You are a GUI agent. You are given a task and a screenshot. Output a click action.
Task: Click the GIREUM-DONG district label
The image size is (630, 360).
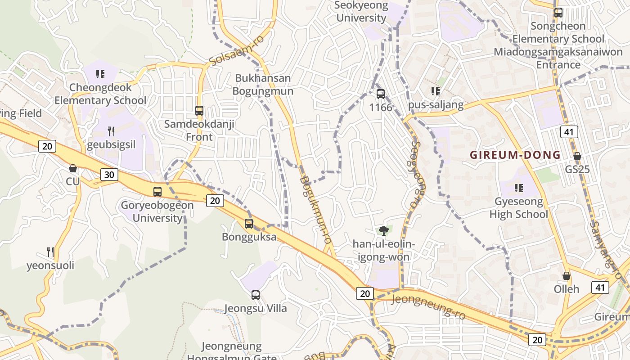[515, 155]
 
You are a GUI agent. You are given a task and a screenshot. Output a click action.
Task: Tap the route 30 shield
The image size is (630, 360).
[109, 175]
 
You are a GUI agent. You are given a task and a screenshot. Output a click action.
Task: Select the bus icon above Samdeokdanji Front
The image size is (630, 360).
[199, 110]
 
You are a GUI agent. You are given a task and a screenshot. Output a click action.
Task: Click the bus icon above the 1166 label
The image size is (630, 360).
[381, 94]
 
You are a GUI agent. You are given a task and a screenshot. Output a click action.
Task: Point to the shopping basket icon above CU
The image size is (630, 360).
[73, 168]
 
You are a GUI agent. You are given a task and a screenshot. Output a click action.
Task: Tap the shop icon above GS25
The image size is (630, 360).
[577, 156]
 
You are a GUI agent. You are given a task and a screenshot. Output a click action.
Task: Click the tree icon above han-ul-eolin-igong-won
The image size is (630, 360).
[383, 231]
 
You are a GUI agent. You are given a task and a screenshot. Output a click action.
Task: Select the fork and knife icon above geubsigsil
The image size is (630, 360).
[111, 131]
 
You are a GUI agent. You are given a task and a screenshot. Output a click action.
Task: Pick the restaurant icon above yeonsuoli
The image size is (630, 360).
[50, 252]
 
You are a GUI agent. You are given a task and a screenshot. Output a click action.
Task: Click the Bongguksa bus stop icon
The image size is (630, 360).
[249, 223]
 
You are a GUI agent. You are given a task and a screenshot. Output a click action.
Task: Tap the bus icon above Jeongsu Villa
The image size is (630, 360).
[256, 295]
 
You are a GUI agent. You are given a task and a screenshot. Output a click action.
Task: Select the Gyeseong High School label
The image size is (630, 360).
[519, 207]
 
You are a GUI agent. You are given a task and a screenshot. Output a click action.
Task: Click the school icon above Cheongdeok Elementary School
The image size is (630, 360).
[100, 74]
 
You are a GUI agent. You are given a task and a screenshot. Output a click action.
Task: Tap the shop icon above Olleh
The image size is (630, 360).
[567, 275]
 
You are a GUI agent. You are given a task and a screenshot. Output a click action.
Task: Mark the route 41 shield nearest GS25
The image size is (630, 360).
[569, 132]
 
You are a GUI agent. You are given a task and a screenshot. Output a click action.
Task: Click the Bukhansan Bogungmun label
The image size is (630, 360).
[263, 85]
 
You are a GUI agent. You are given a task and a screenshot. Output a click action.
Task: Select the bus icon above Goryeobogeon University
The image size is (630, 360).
[157, 192]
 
